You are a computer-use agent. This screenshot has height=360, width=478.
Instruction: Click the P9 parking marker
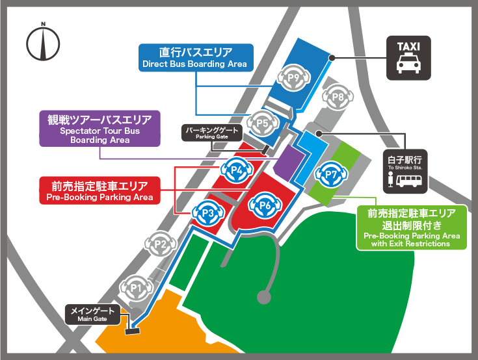(293, 79)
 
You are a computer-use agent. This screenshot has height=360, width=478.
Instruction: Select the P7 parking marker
(330, 174)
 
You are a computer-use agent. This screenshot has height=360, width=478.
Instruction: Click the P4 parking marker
(237, 171)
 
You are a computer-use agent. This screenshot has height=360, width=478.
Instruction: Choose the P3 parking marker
(207, 212)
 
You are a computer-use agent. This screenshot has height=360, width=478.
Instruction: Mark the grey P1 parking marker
(136, 287)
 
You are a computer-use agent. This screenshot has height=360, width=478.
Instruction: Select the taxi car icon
(408, 65)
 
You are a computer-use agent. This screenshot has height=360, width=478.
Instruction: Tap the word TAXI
(408, 46)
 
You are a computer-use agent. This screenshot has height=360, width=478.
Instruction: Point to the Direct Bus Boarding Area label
(195, 57)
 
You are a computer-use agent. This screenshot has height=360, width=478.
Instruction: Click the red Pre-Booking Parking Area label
(100, 190)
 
